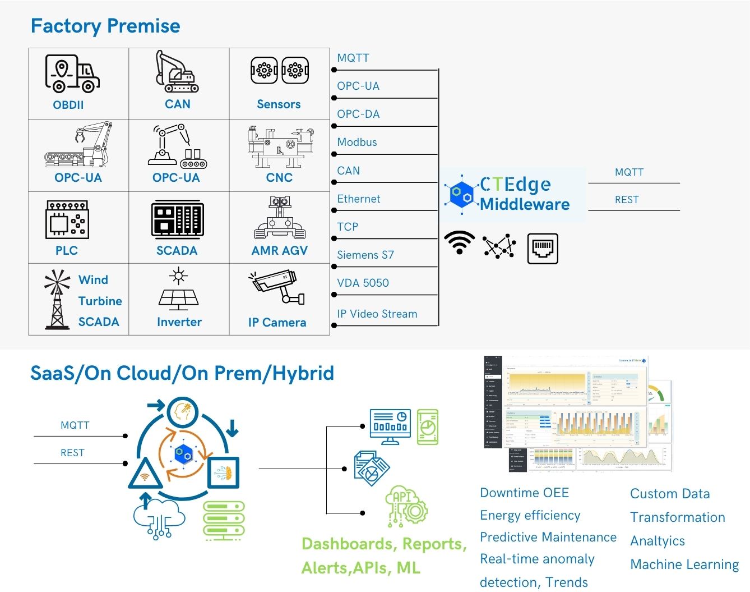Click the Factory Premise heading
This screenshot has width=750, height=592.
point(105,26)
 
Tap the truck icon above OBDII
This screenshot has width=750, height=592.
point(72,74)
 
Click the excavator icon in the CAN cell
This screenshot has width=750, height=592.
point(177,72)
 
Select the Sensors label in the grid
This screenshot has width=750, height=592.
point(279,104)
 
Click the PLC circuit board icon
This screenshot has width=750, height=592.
point(67,219)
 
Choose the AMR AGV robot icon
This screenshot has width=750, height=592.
point(280,218)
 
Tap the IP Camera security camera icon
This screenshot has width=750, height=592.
point(277,288)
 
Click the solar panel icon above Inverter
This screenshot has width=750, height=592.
point(179,290)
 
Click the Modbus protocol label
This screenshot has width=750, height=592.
point(357,143)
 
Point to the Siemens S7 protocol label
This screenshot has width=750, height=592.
point(365,255)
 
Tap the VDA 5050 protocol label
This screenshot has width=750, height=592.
point(363,283)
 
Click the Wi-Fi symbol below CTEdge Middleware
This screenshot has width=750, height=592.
point(459,242)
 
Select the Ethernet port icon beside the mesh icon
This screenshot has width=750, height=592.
point(543,249)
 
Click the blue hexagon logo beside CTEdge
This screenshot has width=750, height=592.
point(461,194)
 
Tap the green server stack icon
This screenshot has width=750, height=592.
point(224,520)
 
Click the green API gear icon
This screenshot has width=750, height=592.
point(406,506)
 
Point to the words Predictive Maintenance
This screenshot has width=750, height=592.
point(548,537)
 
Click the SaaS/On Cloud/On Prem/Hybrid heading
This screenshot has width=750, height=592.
point(182,373)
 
